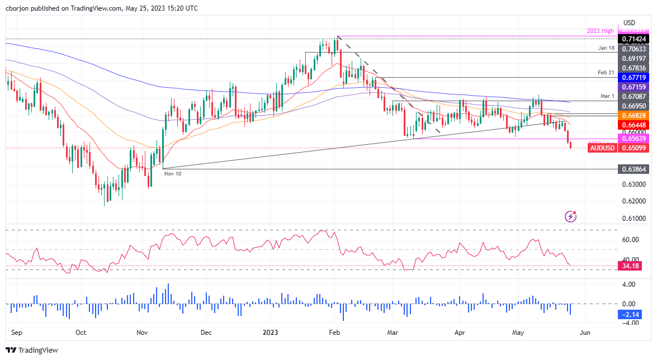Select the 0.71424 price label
(634, 40)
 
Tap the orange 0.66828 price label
(634, 115)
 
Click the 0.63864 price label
(634, 168)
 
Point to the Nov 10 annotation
(172, 174)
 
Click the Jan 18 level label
(606, 49)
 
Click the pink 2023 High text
(600, 31)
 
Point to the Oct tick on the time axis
(81, 332)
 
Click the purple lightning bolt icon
(570, 216)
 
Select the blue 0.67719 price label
(634, 77)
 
